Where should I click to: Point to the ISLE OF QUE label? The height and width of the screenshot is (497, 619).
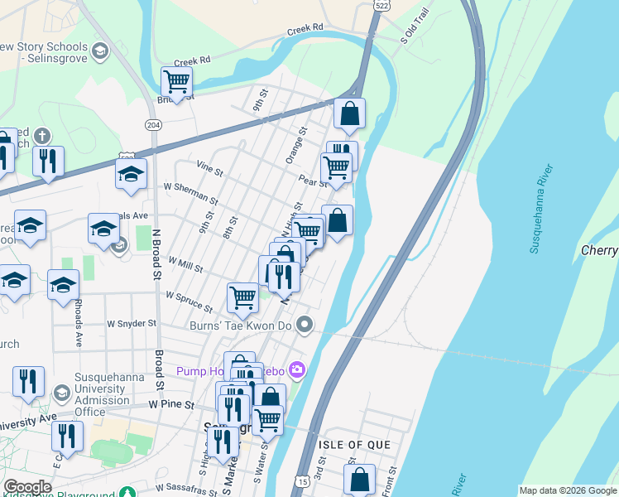pos(355,445)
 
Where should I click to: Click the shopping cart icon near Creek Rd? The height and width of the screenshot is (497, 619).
pos(177,82)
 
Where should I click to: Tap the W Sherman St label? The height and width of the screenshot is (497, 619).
pos(190,194)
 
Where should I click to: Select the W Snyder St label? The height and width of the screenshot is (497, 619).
pos(132,323)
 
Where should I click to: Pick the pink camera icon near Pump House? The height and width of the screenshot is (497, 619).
pos(297,369)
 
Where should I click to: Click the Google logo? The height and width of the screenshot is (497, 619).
pos(27,487)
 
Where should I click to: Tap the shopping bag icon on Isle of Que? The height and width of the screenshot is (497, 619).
pos(360,479)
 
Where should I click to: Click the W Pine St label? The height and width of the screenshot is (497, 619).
pos(171,405)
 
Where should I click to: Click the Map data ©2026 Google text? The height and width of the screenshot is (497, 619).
pos(568,490)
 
